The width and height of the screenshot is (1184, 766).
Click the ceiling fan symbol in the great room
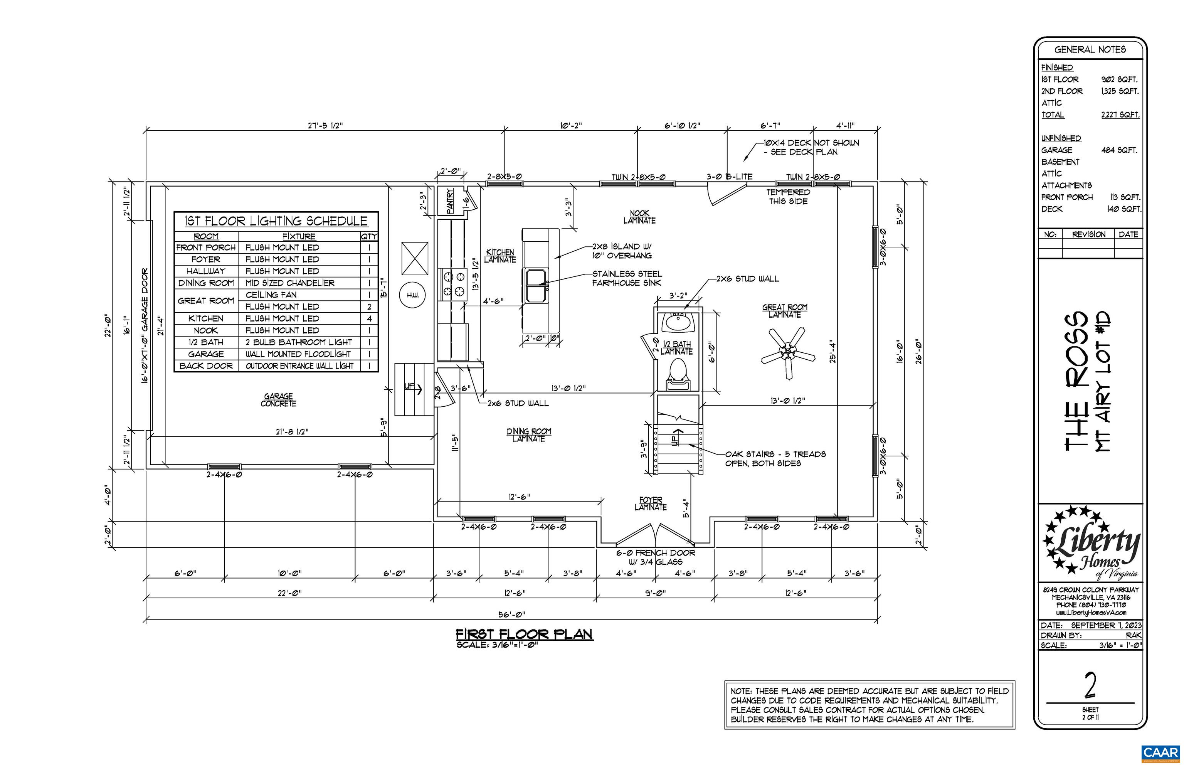click(x=788, y=353)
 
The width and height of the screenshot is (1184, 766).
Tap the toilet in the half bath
click(x=677, y=374)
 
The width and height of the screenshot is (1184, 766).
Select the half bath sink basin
click(x=677, y=324)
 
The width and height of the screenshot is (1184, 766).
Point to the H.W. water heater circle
click(x=413, y=295)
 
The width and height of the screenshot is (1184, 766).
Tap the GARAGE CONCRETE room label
click(x=279, y=399)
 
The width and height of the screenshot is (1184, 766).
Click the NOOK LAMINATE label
click(x=639, y=217)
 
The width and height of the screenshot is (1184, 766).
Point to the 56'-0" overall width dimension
click(x=512, y=614)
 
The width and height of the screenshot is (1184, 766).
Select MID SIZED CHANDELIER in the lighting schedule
click(x=290, y=283)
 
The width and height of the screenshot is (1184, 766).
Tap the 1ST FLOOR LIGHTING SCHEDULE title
click(x=276, y=221)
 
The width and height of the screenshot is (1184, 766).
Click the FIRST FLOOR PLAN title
click(x=525, y=634)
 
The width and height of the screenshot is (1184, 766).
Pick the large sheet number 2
click(x=1090, y=685)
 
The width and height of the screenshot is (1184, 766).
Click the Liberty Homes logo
click(x=1092, y=543)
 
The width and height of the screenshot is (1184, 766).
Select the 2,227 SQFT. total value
click(x=1120, y=115)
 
